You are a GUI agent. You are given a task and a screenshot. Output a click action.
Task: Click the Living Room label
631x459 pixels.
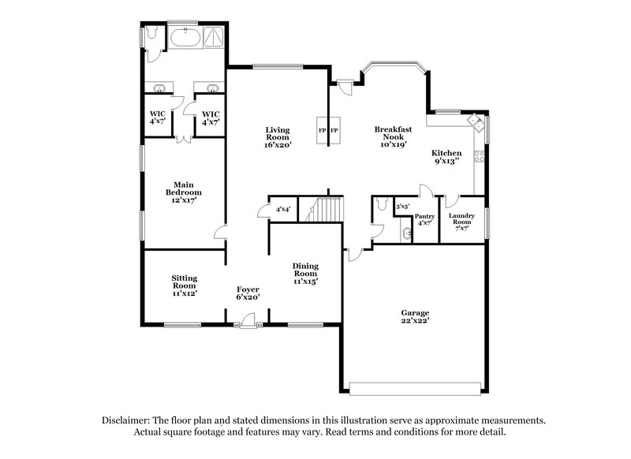278,136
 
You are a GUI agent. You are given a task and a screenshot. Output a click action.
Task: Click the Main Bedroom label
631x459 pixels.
183,192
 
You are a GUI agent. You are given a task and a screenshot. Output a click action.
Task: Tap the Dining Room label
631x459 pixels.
305,273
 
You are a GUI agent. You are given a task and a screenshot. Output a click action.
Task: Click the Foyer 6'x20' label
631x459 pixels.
248,293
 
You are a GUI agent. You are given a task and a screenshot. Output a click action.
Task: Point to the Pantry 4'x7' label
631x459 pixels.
424,219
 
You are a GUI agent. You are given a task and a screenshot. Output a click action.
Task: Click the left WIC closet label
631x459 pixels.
157,118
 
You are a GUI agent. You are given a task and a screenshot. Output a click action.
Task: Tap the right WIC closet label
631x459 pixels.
210,118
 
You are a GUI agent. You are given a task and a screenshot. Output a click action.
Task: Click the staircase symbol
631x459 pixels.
326,211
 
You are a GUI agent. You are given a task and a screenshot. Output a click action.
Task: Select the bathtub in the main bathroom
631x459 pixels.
187,37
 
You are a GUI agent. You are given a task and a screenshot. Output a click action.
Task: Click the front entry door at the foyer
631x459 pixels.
248,320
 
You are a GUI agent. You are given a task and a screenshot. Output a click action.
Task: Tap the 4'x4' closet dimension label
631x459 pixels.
282,209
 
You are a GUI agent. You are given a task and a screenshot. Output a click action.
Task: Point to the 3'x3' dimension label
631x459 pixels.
402,207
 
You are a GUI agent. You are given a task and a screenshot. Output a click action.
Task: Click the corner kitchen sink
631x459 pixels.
476,121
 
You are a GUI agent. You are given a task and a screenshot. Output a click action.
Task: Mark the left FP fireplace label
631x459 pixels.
322,129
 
